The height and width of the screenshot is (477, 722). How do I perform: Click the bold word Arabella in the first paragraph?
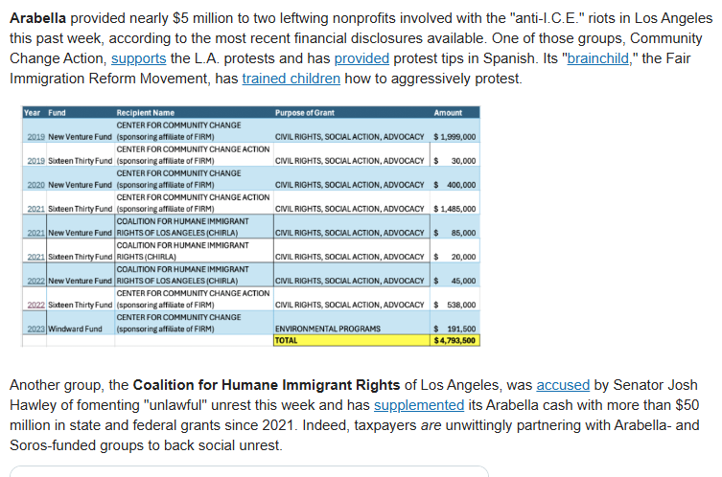click(37, 18)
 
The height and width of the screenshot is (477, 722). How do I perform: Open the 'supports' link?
click(139, 58)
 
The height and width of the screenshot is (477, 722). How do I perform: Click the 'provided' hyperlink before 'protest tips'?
click(361, 58)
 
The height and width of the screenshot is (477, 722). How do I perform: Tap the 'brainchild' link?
click(597, 58)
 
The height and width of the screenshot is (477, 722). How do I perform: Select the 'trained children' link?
click(291, 79)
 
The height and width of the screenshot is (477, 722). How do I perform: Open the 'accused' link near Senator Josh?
click(563, 385)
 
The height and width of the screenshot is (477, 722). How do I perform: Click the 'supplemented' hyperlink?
click(419, 405)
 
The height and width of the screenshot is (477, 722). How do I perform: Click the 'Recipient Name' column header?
click(146, 113)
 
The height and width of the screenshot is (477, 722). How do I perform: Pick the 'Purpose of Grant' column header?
click(305, 113)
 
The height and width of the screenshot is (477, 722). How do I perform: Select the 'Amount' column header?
click(448, 113)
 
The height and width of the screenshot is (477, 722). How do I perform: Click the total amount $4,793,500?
click(454, 340)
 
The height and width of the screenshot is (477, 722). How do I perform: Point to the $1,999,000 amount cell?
click(454, 137)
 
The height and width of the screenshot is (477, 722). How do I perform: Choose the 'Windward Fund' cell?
click(75, 329)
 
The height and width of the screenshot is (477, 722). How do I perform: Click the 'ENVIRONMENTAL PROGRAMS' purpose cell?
click(328, 329)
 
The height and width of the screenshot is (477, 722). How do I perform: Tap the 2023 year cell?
click(35, 329)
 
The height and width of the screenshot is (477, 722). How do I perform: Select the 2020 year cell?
click(35, 185)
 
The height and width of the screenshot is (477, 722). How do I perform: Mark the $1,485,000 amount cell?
click(454, 209)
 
